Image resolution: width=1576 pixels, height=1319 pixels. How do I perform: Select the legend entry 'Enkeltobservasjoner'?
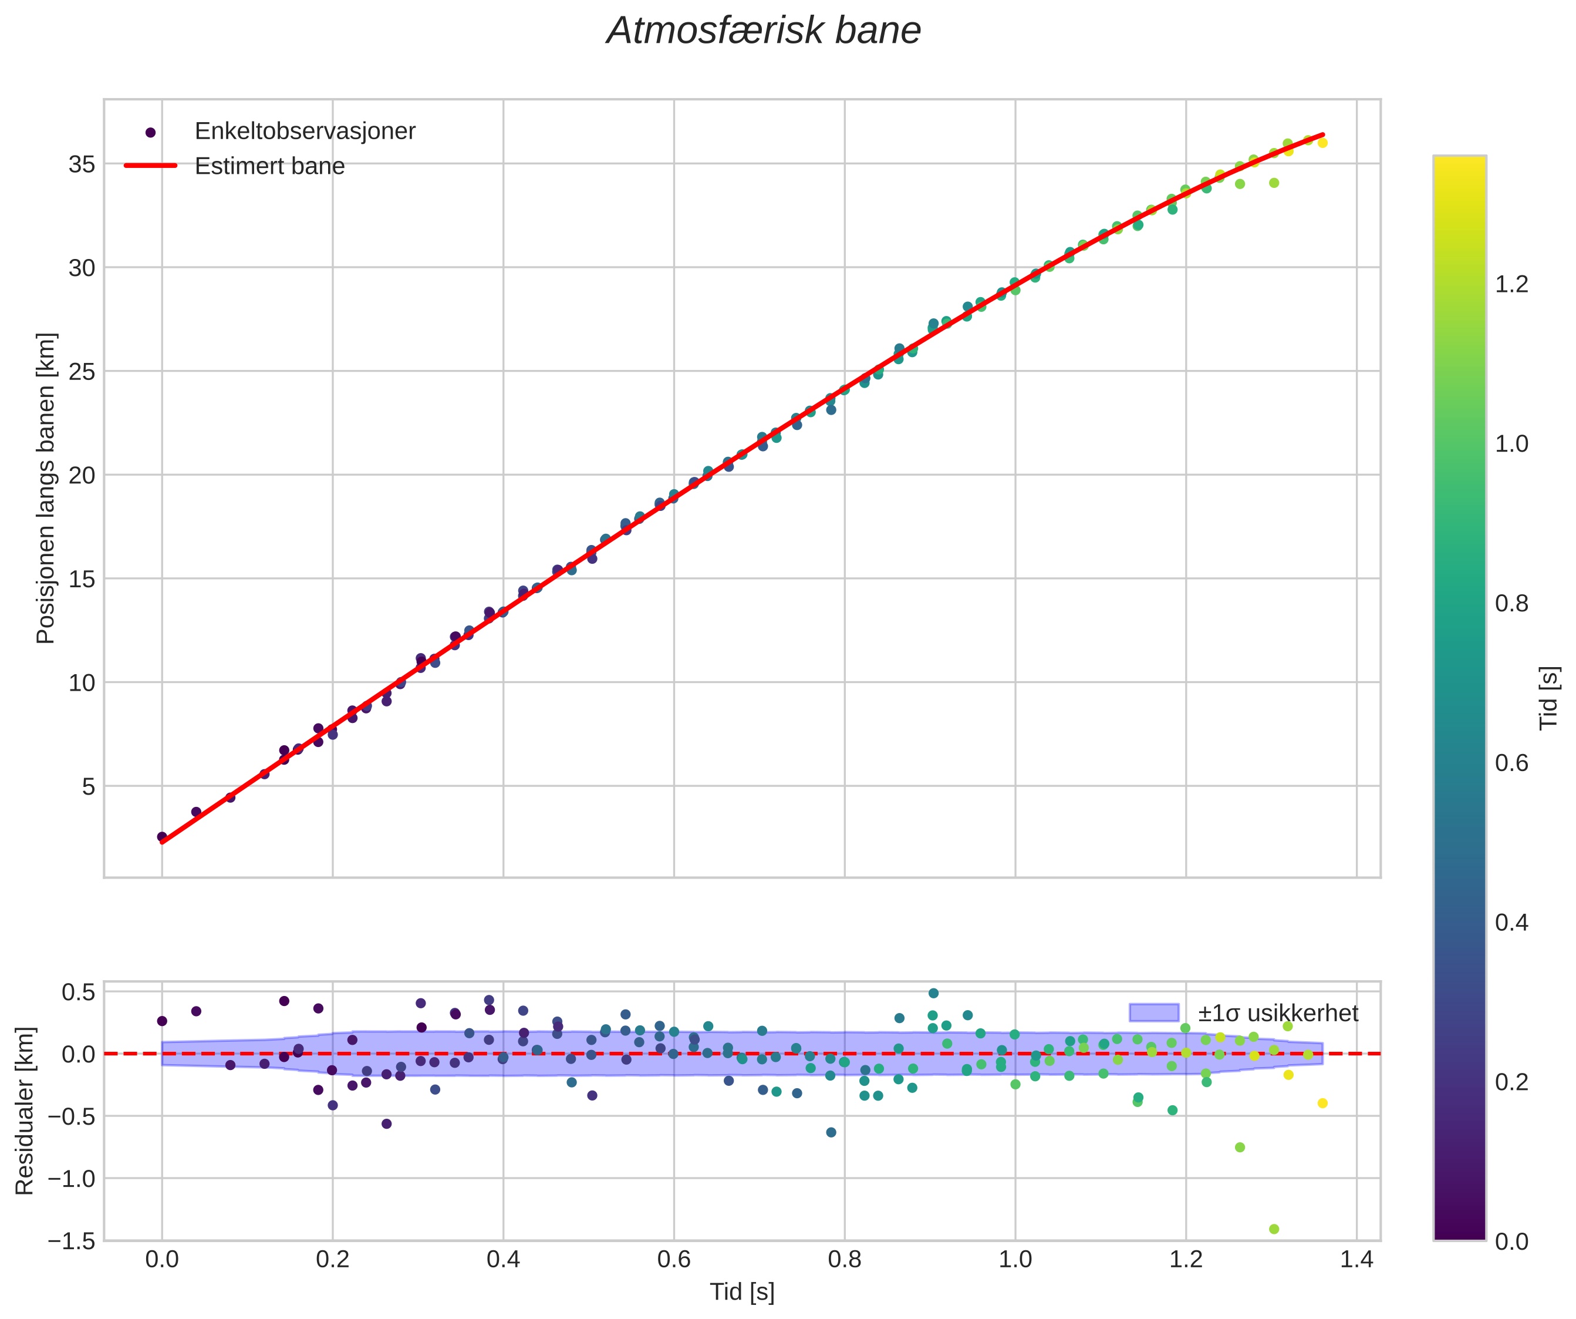(304, 132)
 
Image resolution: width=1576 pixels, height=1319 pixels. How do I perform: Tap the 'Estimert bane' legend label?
(269, 166)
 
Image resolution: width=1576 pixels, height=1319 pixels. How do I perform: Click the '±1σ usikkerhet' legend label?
(1277, 1014)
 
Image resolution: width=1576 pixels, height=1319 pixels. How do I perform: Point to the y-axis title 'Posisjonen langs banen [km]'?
(46, 488)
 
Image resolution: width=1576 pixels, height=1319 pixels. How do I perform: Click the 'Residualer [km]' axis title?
(25, 1111)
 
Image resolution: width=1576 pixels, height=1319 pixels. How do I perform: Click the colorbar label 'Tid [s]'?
(1549, 698)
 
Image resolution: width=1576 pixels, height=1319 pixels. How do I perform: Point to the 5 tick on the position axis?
(89, 787)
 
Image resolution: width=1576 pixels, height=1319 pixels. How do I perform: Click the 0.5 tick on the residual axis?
(77, 992)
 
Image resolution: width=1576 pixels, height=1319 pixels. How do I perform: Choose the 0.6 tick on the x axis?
(674, 1259)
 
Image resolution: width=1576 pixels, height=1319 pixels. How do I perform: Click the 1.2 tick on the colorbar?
(1511, 284)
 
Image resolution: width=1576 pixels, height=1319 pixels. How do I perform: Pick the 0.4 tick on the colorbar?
(1511, 923)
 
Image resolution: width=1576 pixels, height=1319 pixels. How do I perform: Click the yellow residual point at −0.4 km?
(1322, 1103)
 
